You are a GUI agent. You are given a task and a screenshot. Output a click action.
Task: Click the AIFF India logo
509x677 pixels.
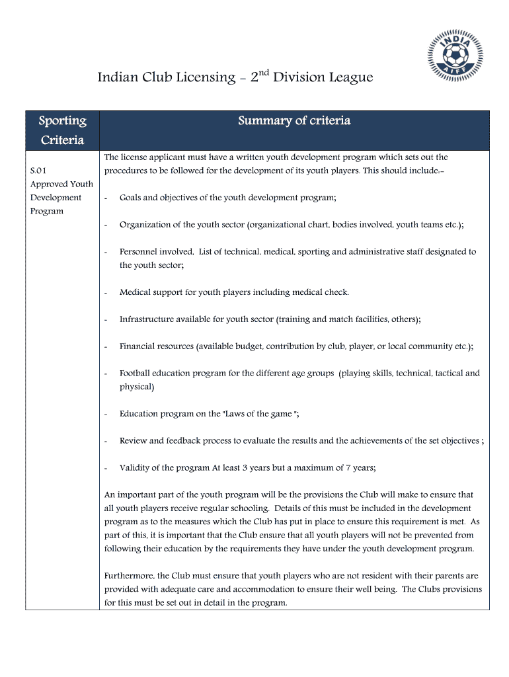coord(455,54)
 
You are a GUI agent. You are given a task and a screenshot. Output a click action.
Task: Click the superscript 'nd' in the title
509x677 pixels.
coord(263,72)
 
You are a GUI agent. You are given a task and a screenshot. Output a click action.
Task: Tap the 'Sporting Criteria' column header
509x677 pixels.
coord(63,130)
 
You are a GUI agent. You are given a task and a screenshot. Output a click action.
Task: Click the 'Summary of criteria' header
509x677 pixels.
coord(294,120)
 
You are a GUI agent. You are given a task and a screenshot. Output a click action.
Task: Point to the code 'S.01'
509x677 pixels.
coord(38,171)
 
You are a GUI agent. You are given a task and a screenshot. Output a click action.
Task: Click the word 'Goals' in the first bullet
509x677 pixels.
coord(132,198)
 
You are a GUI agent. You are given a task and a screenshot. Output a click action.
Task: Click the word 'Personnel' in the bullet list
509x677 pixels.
coord(139,252)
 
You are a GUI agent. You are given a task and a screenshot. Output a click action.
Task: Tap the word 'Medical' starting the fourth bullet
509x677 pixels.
coord(135,292)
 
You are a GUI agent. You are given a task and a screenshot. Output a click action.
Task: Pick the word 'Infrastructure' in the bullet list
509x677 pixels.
coord(145,319)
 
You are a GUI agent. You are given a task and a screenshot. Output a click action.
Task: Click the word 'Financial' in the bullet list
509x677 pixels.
coord(137,346)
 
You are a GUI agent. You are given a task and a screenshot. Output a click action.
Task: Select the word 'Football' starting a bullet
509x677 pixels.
coord(136,374)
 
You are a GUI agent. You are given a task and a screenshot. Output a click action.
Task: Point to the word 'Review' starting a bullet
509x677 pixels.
coord(133,441)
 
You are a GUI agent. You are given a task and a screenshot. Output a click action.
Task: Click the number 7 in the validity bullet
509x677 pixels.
coord(348,468)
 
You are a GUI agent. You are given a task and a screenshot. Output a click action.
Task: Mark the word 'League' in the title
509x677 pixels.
coord(352,78)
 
